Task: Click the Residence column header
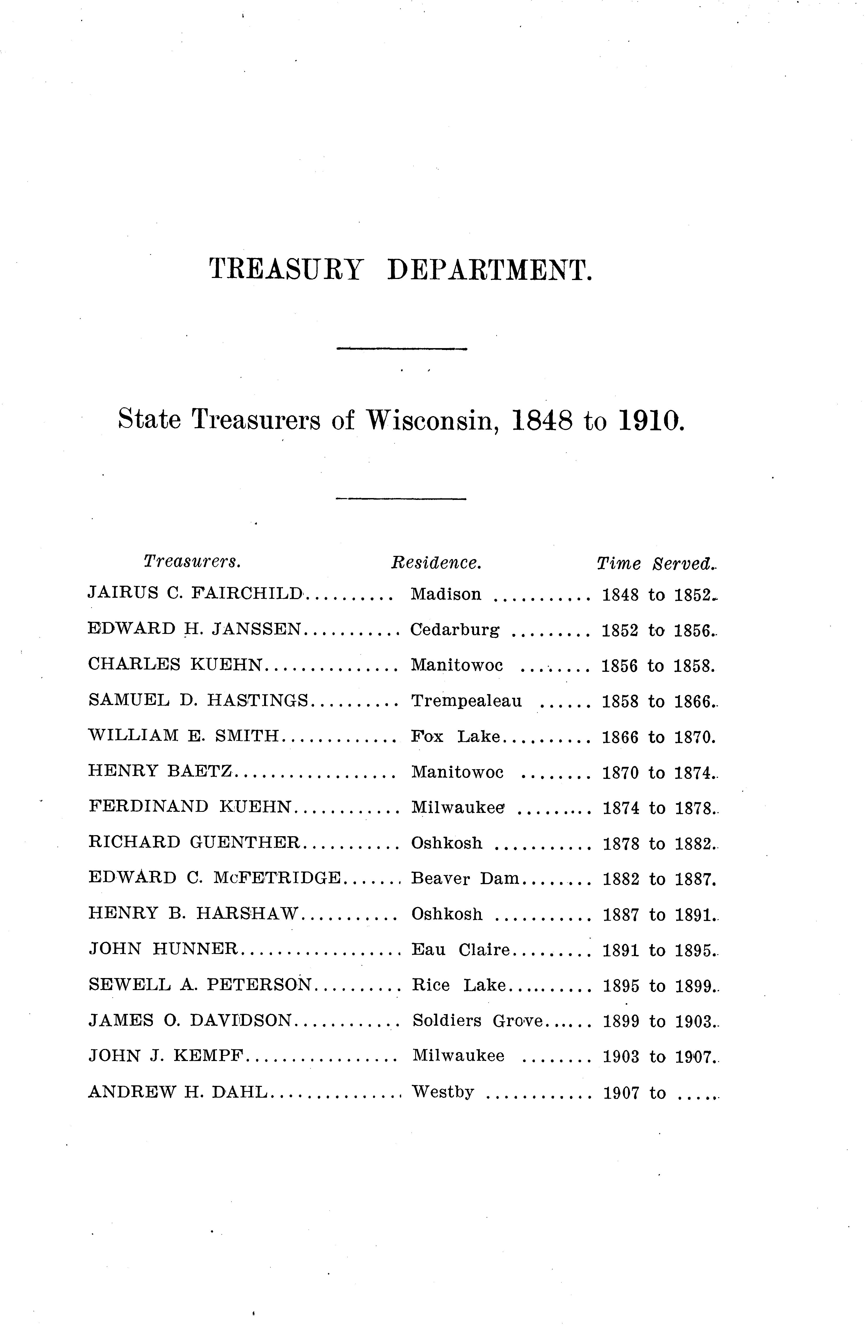click(436, 562)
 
